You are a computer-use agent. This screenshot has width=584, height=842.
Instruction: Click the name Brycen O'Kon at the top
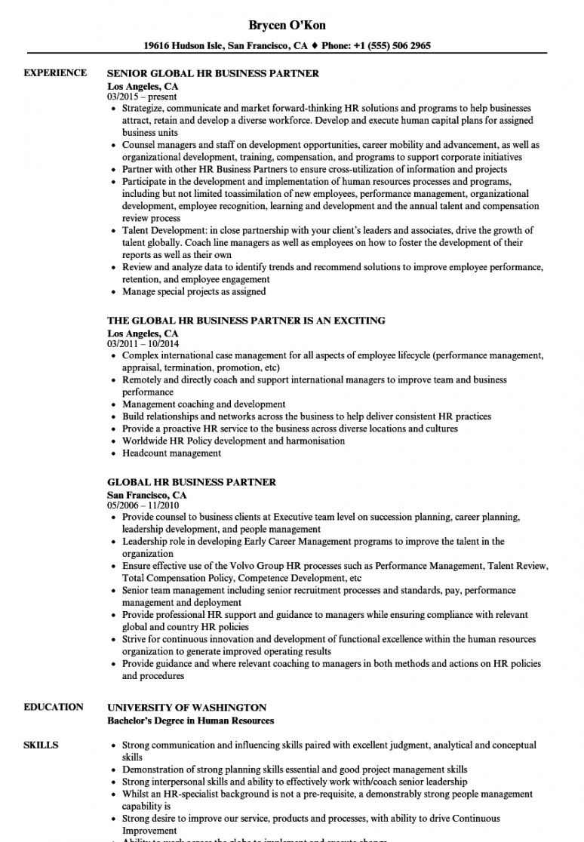click(x=291, y=25)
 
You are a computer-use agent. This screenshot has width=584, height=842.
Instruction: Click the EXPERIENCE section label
click(x=55, y=72)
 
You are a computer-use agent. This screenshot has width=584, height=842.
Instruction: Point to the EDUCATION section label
click(x=54, y=707)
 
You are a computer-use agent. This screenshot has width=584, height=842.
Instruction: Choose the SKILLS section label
click(x=41, y=745)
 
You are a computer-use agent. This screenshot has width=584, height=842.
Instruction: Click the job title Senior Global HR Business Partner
click(x=214, y=73)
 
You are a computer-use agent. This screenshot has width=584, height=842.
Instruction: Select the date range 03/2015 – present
click(x=142, y=97)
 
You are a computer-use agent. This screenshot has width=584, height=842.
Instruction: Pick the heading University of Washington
click(x=186, y=708)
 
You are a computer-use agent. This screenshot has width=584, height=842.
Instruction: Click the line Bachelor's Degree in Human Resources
click(x=190, y=721)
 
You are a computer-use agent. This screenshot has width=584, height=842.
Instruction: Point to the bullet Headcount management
click(x=172, y=453)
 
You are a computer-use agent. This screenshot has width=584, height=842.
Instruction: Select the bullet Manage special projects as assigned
click(x=194, y=291)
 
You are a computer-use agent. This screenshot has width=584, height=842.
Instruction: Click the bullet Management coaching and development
click(x=204, y=404)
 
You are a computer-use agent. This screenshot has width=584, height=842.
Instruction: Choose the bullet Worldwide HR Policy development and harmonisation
click(x=233, y=441)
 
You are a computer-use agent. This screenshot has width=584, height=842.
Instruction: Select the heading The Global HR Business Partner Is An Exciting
click(x=247, y=321)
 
